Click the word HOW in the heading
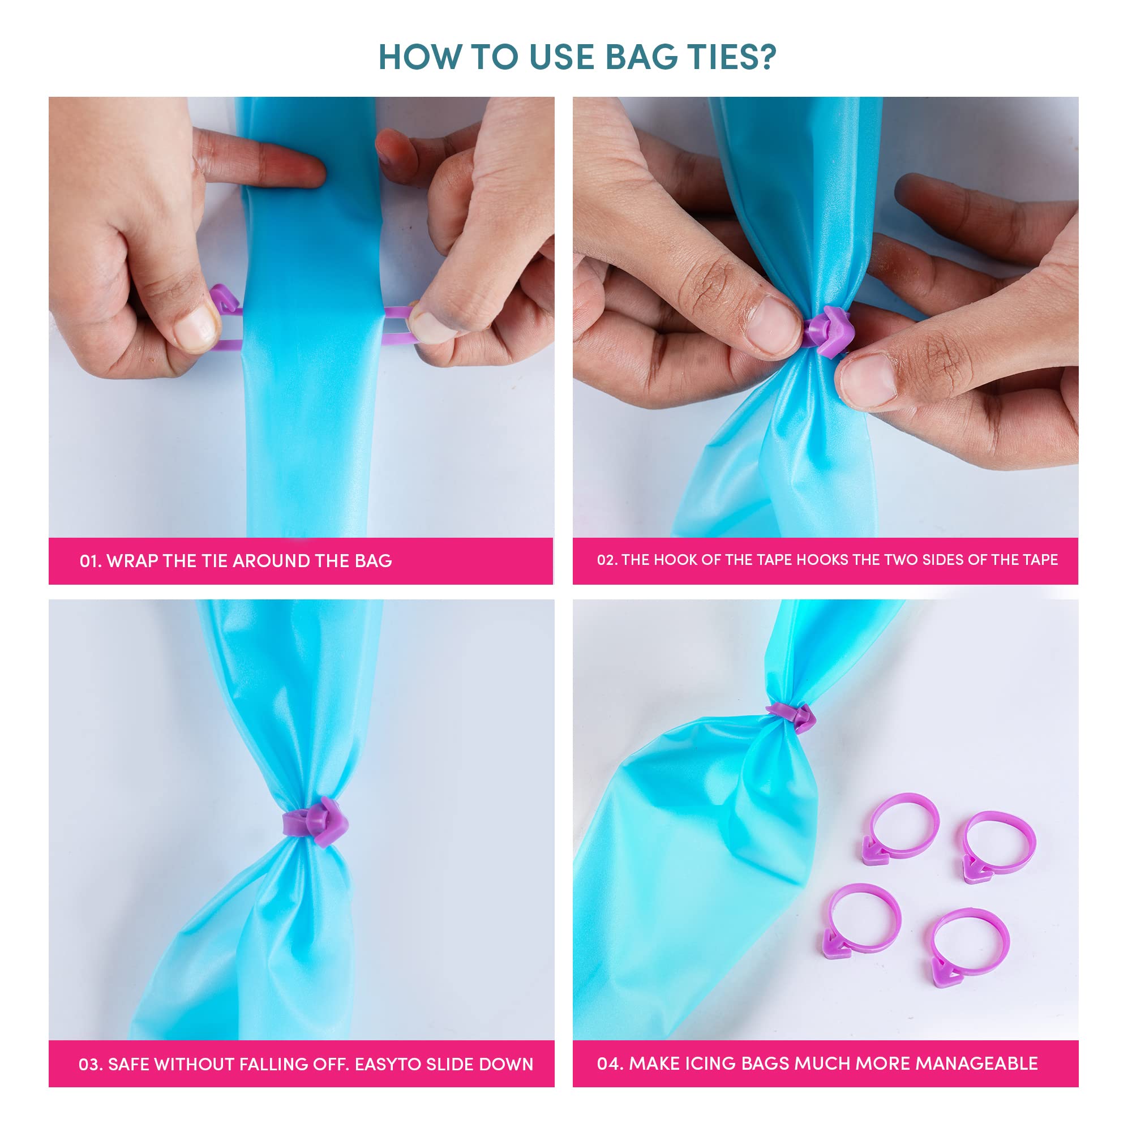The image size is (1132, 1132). (420, 57)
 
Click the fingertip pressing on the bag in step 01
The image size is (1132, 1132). (296, 170)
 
